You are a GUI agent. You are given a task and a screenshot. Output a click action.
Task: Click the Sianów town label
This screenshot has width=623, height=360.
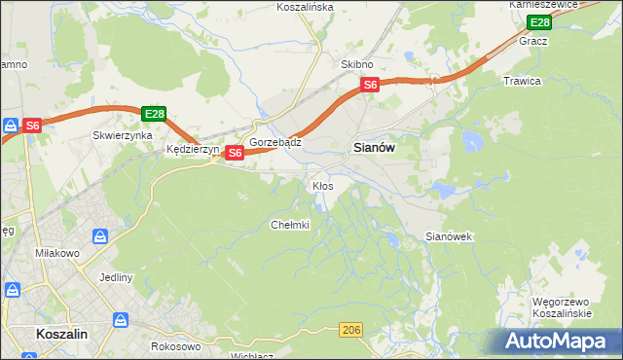372,148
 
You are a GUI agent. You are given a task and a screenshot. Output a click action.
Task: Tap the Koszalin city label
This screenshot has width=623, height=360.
62,333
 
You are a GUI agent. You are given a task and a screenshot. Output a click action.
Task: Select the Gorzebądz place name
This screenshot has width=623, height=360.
275,142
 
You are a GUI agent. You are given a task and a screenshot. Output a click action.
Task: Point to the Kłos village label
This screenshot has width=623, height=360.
322,185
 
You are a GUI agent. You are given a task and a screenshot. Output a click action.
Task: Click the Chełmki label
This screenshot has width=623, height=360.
289,225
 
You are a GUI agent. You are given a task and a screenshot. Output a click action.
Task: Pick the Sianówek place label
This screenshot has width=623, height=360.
449,236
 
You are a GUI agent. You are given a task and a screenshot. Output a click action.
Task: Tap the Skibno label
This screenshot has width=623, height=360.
357,64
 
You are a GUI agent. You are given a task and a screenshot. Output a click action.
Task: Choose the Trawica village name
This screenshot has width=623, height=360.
521,81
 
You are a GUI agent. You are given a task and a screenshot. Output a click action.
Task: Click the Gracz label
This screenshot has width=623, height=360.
533,41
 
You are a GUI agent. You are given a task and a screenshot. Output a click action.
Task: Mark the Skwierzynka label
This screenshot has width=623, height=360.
123,136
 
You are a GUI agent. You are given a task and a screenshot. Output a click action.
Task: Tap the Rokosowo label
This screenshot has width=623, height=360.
176,346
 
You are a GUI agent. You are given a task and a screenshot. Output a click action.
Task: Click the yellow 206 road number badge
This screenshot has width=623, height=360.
352,331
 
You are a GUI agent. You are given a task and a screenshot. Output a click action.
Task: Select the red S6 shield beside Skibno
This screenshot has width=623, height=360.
370,86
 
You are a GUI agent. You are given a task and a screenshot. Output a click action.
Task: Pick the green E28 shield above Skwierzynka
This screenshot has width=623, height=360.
154,114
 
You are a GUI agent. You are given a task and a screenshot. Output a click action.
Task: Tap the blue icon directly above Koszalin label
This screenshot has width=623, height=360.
121,319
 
